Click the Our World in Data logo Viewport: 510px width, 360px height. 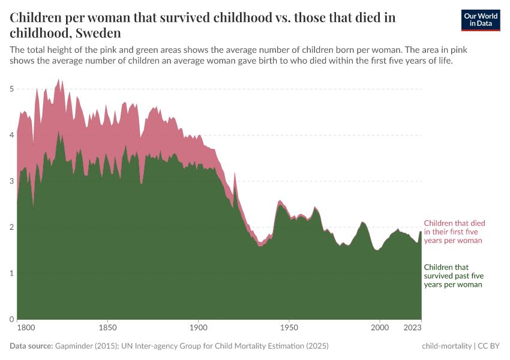click(x=480, y=20)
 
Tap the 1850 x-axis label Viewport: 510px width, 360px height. click(x=107, y=328)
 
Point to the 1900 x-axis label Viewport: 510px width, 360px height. click(x=199, y=328)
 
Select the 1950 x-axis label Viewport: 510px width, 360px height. click(x=289, y=328)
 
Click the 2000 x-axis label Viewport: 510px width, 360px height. click(x=380, y=328)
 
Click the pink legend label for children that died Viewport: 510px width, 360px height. click(x=454, y=231)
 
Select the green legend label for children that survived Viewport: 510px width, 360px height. click(x=453, y=276)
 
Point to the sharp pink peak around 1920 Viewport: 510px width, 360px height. click(x=235, y=175)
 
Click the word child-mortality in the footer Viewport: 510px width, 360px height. click(x=446, y=346)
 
